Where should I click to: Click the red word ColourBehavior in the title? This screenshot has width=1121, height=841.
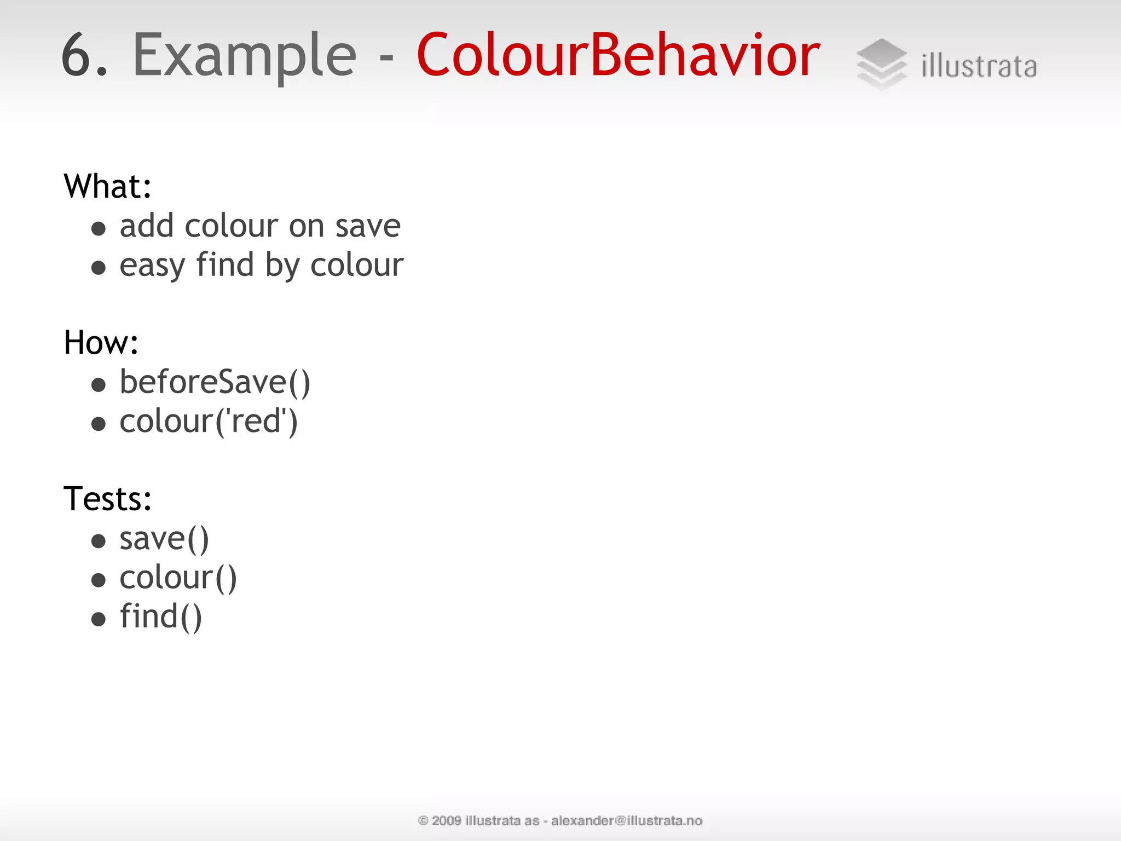tap(617, 56)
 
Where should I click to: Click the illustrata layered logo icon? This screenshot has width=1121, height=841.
tap(881, 64)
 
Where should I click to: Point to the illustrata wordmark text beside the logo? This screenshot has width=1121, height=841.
tap(979, 67)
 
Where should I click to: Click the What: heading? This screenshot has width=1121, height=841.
tap(107, 186)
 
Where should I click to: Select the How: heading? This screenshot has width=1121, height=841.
tap(101, 343)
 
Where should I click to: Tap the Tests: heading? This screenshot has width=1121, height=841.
tap(107, 499)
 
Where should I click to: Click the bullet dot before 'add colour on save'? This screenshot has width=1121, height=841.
tap(99, 228)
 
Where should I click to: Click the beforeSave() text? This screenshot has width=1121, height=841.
tap(215, 382)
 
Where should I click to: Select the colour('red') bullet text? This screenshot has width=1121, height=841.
tap(209, 422)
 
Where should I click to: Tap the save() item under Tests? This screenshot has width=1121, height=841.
tap(164, 539)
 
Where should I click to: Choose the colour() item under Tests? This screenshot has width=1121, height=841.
tap(178, 578)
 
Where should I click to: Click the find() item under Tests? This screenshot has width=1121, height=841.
tap(161, 617)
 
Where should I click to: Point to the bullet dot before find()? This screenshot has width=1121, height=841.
tap(99, 619)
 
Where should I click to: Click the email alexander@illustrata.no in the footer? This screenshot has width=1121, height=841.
tap(626, 821)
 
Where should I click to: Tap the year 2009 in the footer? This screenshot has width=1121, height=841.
tap(446, 821)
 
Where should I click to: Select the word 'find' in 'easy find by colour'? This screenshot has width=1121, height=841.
tap(225, 265)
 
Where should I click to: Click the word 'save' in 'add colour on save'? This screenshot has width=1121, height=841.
tap(368, 227)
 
